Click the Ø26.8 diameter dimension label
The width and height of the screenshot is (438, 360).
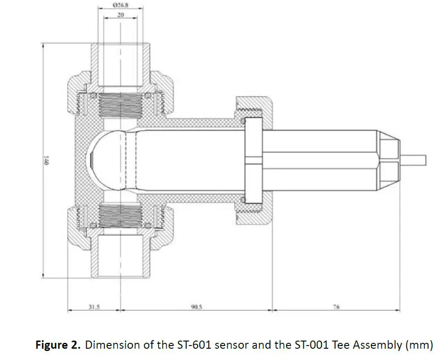point(120,5)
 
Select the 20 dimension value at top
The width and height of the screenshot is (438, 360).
point(120,14)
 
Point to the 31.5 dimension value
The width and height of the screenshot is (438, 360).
point(94,307)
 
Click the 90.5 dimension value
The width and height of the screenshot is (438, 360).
point(196,307)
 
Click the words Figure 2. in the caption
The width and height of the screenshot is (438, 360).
point(58,345)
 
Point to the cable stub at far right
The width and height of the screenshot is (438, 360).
point(414,159)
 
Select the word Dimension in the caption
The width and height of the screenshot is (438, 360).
point(109,345)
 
